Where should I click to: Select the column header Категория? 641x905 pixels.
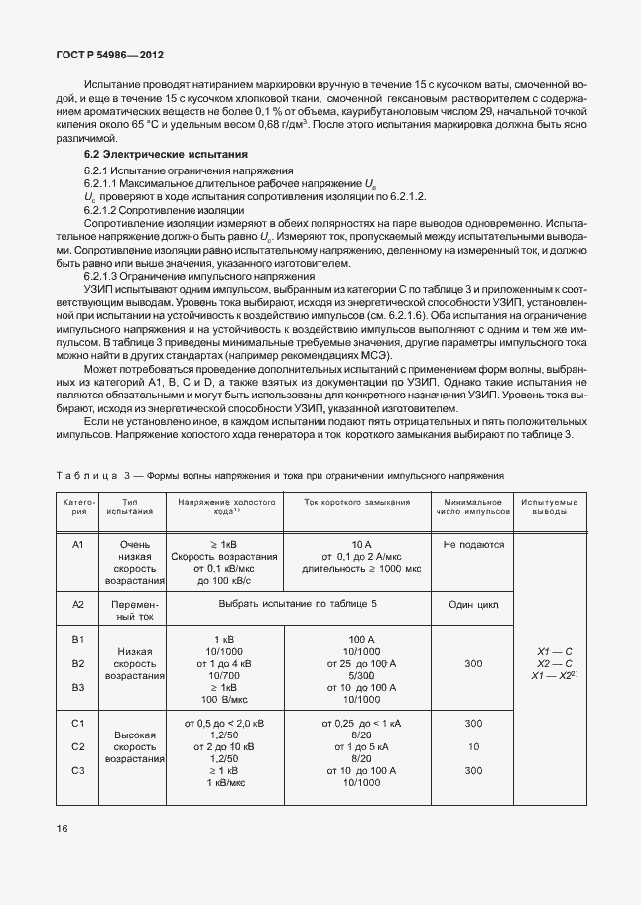pos(78,508)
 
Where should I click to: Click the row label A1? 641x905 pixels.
pos(78,544)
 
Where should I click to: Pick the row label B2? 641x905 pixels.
pos(78,663)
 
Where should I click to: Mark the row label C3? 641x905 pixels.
pos(78,770)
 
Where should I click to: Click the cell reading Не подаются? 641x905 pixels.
pos(474,544)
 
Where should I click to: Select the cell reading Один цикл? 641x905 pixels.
pos(474,604)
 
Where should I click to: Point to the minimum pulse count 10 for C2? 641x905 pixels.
pos(474,746)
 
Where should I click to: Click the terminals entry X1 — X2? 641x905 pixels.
pos(553,675)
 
